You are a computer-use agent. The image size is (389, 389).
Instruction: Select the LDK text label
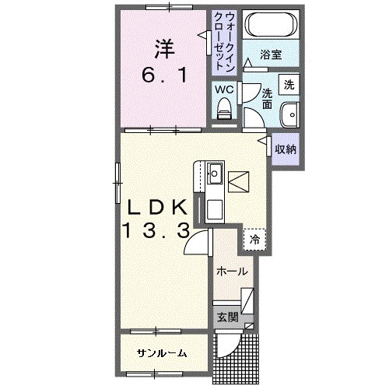155,207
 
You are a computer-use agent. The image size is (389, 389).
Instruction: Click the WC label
224,89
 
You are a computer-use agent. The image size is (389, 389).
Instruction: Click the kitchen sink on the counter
216,173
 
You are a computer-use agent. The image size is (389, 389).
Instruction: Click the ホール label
232,272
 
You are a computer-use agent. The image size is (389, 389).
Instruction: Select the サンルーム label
162,352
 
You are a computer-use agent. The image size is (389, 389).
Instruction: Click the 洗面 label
266,94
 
